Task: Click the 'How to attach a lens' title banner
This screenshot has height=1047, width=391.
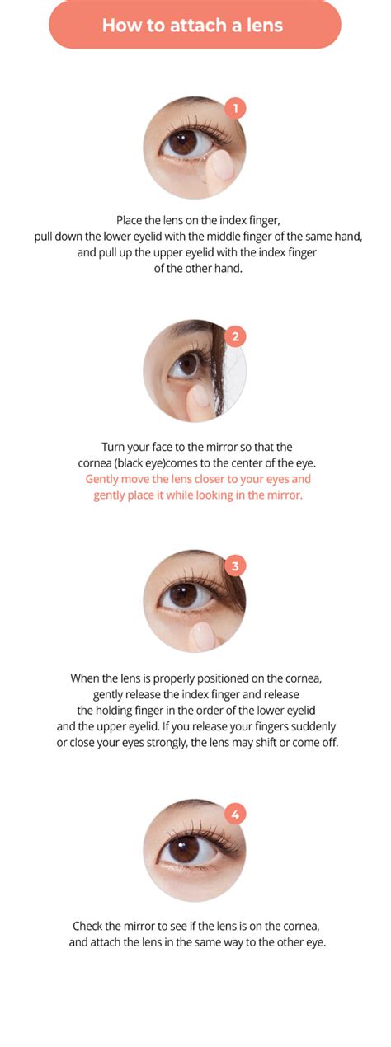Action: (195, 25)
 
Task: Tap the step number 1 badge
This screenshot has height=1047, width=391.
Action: (236, 108)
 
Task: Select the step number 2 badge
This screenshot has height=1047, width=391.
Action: (236, 336)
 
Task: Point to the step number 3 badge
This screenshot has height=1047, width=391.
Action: (236, 566)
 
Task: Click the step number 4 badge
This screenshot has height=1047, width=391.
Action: (236, 814)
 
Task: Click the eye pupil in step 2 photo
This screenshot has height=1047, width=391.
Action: (187, 364)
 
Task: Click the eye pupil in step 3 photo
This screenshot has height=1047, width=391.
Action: (183, 594)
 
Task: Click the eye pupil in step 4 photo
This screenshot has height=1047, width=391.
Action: (183, 847)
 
